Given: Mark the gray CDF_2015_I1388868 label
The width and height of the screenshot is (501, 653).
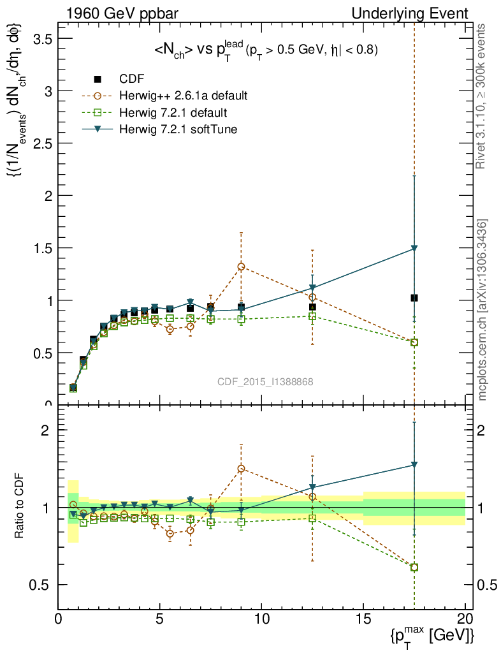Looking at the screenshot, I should coord(265,381).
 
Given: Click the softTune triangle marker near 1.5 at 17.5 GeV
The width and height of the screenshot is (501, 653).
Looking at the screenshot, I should coord(414,248).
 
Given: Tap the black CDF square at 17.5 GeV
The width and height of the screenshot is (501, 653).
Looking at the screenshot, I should coord(414,298).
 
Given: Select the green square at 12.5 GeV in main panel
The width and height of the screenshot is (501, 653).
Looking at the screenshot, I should coord(312,316).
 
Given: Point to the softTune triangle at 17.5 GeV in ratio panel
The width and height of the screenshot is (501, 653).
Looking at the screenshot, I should coord(414,465).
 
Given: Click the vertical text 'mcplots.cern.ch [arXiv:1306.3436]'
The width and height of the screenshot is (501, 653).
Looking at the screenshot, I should coord(483,310).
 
